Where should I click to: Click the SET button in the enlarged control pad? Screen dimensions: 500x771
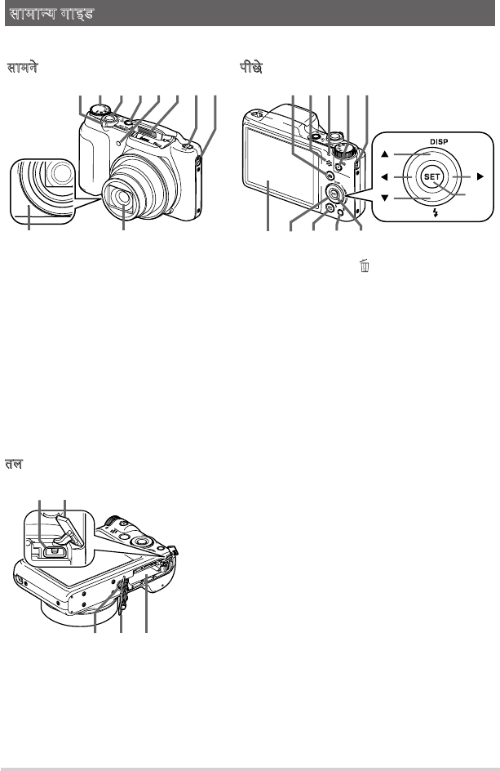431,176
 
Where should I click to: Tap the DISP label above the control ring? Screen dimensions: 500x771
439,141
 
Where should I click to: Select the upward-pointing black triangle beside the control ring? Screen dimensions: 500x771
384,154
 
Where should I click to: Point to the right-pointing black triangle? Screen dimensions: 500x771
480,176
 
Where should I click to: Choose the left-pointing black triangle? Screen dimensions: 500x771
384,176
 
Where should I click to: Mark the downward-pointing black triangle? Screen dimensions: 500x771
384,198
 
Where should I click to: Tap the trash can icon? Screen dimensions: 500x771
365,265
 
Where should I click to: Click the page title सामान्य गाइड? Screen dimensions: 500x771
51,13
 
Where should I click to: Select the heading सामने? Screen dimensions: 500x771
22,67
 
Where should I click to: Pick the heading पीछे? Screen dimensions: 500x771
250,67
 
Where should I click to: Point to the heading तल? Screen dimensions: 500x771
14,464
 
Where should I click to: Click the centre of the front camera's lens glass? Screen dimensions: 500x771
122,198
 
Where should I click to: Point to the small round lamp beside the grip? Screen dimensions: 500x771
120,143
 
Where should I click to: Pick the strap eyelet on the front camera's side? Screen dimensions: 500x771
198,161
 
